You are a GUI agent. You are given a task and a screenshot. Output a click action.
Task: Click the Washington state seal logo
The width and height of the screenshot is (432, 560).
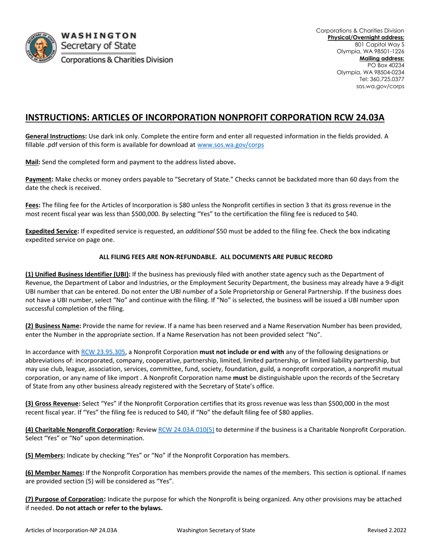point(41,48)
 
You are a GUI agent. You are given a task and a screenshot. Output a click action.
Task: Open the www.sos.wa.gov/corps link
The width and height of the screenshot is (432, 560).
point(230,145)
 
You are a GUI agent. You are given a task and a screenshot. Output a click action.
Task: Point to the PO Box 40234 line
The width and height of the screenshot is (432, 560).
point(386,65)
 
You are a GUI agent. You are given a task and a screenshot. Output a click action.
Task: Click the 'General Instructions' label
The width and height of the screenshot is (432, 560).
point(55,136)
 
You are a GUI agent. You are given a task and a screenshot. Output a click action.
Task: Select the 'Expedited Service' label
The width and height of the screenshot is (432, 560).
point(52,231)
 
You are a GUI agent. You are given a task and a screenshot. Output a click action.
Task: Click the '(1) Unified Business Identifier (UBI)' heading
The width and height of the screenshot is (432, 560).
point(78,274)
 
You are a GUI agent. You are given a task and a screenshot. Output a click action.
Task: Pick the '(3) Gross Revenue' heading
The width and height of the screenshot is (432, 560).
point(53,404)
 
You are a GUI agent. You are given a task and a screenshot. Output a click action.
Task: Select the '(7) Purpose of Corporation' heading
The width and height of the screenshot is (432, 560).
point(65,499)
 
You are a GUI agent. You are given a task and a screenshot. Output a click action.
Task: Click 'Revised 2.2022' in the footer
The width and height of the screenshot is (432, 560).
point(387,530)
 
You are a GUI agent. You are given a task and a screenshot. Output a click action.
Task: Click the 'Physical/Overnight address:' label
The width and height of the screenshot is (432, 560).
point(366,37)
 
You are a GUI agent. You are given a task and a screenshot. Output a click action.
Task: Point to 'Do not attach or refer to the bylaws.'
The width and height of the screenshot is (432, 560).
point(109,508)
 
